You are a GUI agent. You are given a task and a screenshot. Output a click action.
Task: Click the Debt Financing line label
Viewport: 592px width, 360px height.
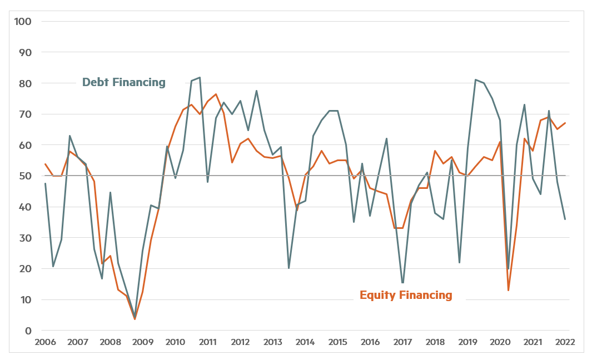[123, 82]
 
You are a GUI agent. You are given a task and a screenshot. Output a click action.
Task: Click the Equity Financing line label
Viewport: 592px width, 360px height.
[406, 295]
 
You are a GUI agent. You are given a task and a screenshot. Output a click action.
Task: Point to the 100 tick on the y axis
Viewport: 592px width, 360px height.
[24, 21]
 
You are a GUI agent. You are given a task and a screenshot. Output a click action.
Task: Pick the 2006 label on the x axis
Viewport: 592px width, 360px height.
[46, 342]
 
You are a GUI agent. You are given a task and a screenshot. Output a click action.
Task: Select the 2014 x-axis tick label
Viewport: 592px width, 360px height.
[305, 342]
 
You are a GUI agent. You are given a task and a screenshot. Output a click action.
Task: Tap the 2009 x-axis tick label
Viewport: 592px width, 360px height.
[143, 342]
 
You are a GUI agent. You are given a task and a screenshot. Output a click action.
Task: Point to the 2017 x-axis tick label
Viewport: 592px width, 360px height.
[403, 342]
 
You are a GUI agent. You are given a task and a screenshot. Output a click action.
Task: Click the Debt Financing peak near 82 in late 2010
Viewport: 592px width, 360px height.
[200, 78]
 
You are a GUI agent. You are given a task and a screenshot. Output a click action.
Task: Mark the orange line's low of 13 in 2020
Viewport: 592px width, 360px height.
[509, 290]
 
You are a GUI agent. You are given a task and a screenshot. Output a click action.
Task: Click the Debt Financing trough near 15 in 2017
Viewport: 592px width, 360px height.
[402, 283]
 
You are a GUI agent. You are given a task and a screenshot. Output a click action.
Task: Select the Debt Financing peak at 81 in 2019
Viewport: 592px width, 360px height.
[476, 80]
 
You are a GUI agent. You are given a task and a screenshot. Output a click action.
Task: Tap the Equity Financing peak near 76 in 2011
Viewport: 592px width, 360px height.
[216, 94]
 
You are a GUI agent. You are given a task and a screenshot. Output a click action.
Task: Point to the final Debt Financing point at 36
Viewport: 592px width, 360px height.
[565, 219]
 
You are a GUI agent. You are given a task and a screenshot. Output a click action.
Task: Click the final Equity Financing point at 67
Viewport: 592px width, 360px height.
[565, 123]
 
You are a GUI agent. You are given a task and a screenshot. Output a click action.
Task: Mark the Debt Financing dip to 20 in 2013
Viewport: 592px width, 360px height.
[289, 268]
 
